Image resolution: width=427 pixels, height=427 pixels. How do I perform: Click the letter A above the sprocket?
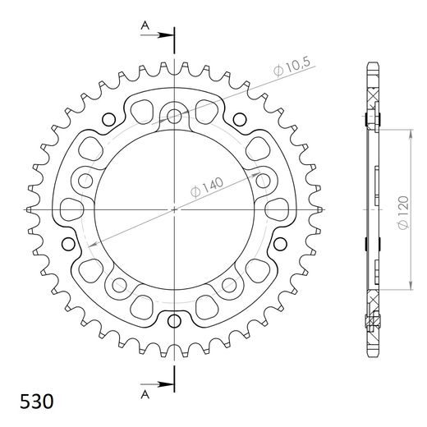click(145, 26)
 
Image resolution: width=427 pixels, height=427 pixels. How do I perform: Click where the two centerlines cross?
click(175, 209)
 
